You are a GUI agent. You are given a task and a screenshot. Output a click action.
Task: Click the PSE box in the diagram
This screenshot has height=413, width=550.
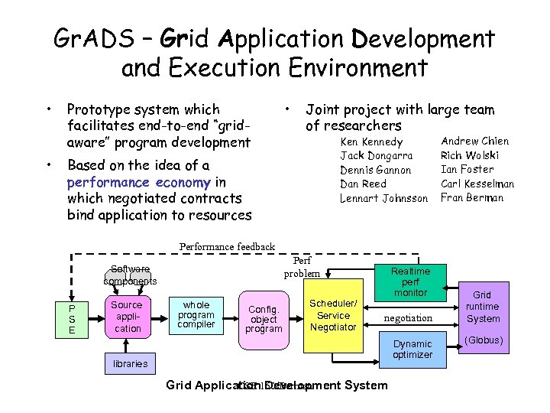[x=73, y=318]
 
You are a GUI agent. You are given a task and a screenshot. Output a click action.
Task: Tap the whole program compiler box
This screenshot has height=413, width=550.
[x=196, y=314]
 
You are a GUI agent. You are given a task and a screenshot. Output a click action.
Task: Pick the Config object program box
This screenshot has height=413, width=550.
[x=264, y=319]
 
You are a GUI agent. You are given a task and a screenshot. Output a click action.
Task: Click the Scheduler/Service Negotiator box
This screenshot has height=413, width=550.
[x=333, y=315]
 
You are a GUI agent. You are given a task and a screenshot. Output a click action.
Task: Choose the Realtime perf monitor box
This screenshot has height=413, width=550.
[x=410, y=281]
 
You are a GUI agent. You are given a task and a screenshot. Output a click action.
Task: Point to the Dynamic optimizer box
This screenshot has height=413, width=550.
[x=412, y=350]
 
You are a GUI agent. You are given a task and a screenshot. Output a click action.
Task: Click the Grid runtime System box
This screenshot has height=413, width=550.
[x=483, y=307]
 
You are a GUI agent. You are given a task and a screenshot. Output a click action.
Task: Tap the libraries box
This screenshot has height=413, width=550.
[x=130, y=363]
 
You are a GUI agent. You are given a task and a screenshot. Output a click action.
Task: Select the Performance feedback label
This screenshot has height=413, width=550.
[x=227, y=246]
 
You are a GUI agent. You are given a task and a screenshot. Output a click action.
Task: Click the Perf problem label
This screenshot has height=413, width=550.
[x=302, y=267]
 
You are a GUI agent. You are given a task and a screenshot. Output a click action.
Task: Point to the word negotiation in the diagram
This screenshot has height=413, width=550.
[x=408, y=317]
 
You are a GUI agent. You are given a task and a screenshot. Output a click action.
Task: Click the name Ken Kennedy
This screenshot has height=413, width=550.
[x=371, y=142]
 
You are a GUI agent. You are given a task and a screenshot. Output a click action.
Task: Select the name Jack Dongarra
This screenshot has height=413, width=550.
[x=376, y=156]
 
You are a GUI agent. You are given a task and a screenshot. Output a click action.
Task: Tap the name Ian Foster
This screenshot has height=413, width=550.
[x=467, y=169]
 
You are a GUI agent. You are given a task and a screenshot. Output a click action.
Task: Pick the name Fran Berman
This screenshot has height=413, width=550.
[x=472, y=197]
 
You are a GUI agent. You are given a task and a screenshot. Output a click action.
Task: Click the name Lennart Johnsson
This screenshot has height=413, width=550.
[x=384, y=198]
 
